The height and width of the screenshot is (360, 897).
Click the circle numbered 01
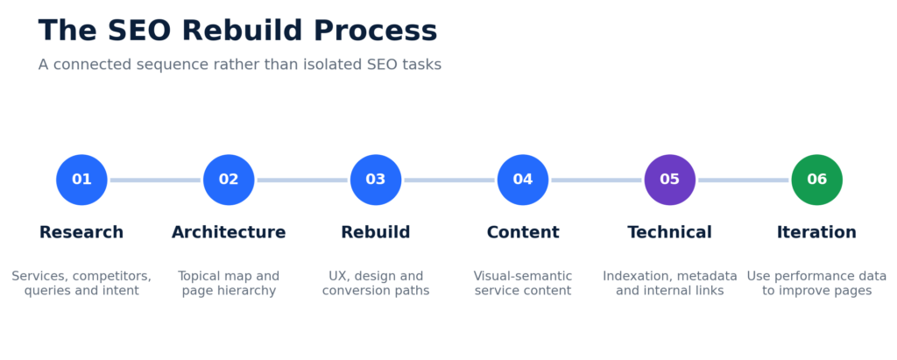click(x=81, y=180)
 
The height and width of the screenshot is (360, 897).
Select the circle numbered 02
click(x=229, y=180)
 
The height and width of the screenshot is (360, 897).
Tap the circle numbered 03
click(x=376, y=180)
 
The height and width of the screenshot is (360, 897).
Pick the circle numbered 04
click(x=523, y=180)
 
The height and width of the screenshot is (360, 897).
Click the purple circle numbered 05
click(x=670, y=180)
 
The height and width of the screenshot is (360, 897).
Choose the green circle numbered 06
click(x=817, y=180)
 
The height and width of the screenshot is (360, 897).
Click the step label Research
click(x=81, y=232)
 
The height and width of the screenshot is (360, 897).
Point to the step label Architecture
click(x=229, y=232)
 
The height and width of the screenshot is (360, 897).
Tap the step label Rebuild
click(x=376, y=232)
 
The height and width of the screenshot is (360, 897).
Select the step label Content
click(x=523, y=232)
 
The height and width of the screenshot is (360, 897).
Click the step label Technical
click(x=670, y=232)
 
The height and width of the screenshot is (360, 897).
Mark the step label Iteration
click(x=817, y=232)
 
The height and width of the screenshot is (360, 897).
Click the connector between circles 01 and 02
click(x=155, y=180)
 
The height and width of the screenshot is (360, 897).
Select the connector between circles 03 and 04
click(x=449, y=180)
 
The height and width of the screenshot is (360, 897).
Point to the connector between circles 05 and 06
click(x=743, y=180)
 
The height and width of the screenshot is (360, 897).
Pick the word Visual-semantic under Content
click(x=523, y=277)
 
